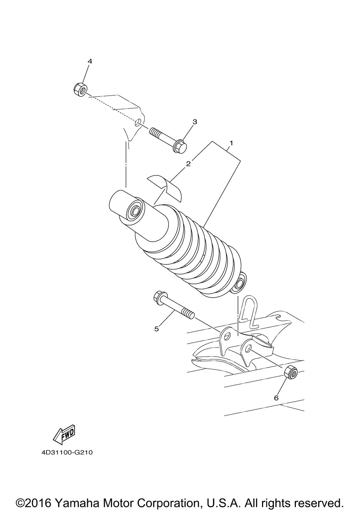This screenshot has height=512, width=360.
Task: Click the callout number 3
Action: (x=194, y=122)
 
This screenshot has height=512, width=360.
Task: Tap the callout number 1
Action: (x=231, y=143)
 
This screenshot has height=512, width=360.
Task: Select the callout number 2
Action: (x=188, y=164)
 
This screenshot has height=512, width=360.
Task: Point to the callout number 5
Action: (x=157, y=329)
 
